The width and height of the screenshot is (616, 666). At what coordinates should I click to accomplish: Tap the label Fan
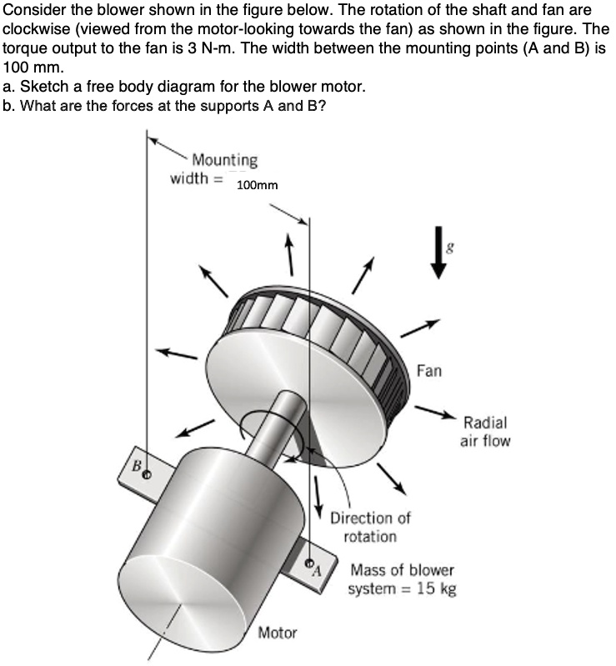click(x=429, y=370)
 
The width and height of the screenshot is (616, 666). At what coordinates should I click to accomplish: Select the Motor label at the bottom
click(x=277, y=633)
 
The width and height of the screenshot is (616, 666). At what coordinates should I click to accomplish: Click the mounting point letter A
click(x=316, y=571)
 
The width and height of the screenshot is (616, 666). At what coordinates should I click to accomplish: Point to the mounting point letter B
click(x=133, y=467)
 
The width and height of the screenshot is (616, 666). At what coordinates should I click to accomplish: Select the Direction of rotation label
click(x=370, y=527)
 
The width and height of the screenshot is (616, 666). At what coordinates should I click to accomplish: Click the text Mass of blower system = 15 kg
click(x=403, y=580)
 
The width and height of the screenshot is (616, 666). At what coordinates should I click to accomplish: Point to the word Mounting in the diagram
click(x=224, y=159)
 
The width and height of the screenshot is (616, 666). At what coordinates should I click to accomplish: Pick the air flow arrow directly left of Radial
click(x=433, y=411)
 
